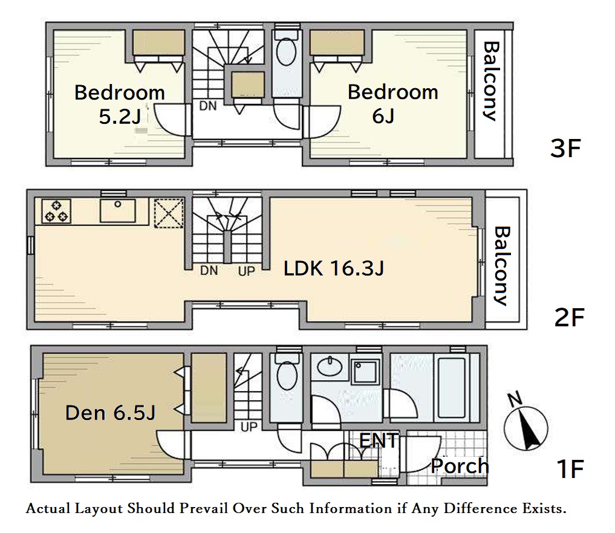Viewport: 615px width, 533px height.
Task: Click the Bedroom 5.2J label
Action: tap(120, 105)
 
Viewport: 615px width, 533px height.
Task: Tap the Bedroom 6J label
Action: tap(392, 104)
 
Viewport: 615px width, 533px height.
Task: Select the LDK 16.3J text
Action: tap(334, 269)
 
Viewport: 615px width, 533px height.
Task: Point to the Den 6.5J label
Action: tap(111, 413)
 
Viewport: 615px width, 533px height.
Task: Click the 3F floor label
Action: tap(565, 149)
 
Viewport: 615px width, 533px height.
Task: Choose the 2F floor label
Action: tap(569, 317)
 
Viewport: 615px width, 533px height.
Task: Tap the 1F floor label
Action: tap(570, 469)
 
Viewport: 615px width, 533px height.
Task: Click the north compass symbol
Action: tap(525, 427)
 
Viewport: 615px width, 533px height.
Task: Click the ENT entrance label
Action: tap(379, 441)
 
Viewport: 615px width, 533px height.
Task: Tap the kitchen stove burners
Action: tap(56, 211)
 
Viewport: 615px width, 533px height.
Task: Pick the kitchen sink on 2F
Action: tap(118, 210)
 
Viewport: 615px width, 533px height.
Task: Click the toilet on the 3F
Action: tap(286, 54)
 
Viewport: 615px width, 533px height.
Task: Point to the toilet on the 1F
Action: tap(287, 372)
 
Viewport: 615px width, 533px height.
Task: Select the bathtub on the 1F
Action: tap(452, 387)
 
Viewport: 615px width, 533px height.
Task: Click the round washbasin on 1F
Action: tap(330, 366)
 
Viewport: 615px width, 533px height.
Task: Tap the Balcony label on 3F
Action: tap(490, 81)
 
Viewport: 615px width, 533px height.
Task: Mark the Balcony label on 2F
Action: tap(502, 265)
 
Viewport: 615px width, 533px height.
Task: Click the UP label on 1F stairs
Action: tap(249, 427)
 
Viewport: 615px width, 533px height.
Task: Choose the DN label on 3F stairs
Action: tap(208, 106)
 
